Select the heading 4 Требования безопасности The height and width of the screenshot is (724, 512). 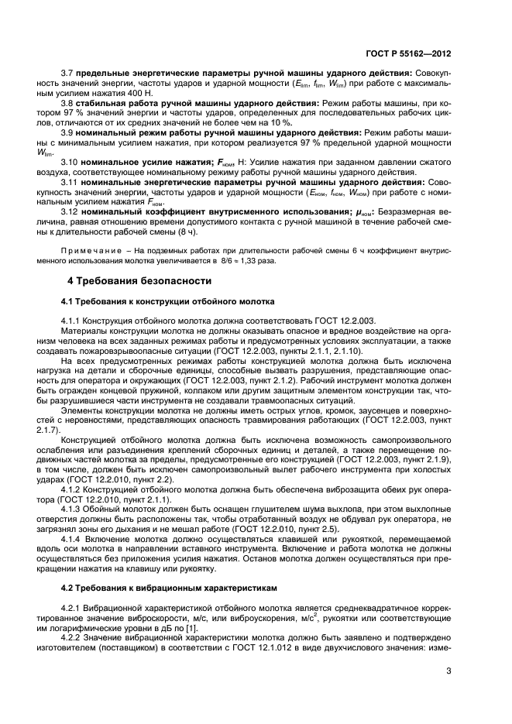139,280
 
